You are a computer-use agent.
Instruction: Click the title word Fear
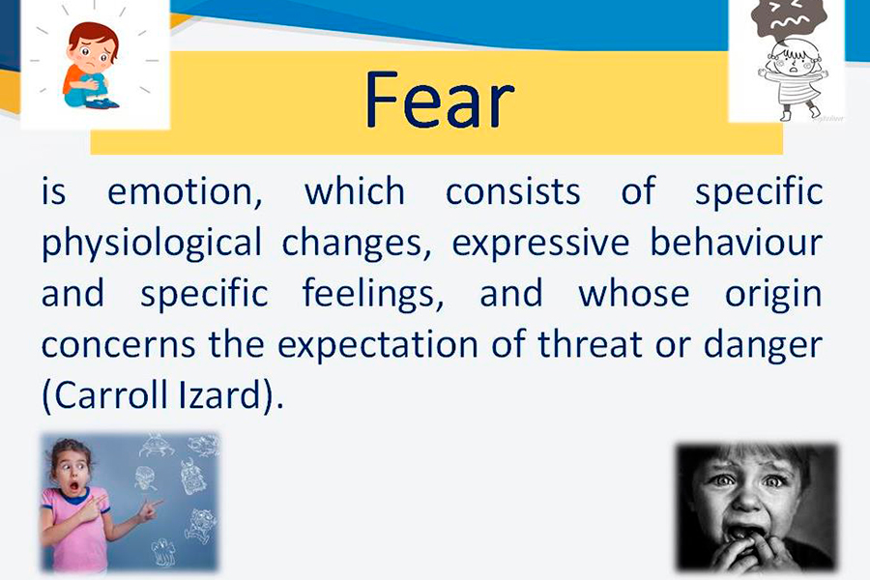pos(440,101)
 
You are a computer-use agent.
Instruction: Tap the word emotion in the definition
pos(185,192)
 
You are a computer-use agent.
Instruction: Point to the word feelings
pos(372,294)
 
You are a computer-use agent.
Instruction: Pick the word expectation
pos(377,345)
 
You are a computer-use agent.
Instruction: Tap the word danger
pos(763,346)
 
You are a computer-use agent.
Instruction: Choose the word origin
pos(773,295)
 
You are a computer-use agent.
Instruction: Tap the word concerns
pos(118,345)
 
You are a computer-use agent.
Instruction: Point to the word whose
pos(633,293)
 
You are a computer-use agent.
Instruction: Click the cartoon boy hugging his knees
pos(92,66)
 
